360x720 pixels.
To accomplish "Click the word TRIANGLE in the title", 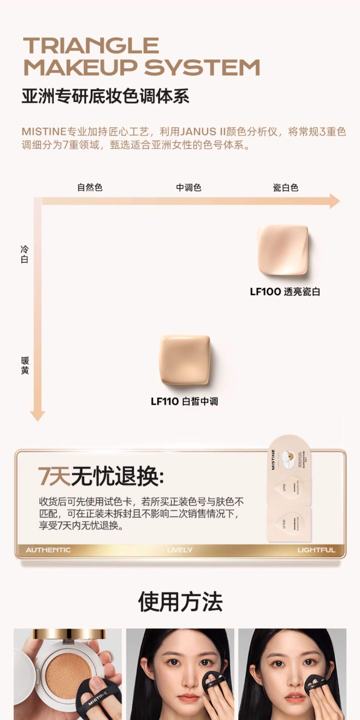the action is [91, 45].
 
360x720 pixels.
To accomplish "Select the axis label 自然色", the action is [90, 187].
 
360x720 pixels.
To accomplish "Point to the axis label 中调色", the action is [189, 187].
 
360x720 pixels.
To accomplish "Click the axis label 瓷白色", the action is [285, 187].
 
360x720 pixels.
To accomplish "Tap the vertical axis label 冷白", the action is [24, 254].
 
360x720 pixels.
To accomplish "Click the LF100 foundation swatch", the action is [282, 250].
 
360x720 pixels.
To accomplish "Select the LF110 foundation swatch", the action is [185, 360].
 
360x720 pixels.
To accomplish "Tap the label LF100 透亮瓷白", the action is [285, 292].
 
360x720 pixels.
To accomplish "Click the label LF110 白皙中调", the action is [184, 401].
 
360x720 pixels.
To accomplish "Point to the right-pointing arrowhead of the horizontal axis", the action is [335, 201].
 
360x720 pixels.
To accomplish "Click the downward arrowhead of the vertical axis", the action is [37, 416].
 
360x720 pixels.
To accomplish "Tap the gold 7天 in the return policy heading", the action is [54, 476].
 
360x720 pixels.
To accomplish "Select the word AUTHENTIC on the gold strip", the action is [48, 550].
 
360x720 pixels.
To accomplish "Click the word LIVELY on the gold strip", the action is [180, 550].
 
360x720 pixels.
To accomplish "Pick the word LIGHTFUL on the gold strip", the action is [316, 550].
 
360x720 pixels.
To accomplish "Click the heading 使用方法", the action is [180, 602].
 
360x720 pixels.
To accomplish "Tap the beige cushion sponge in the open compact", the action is [69, 674].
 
